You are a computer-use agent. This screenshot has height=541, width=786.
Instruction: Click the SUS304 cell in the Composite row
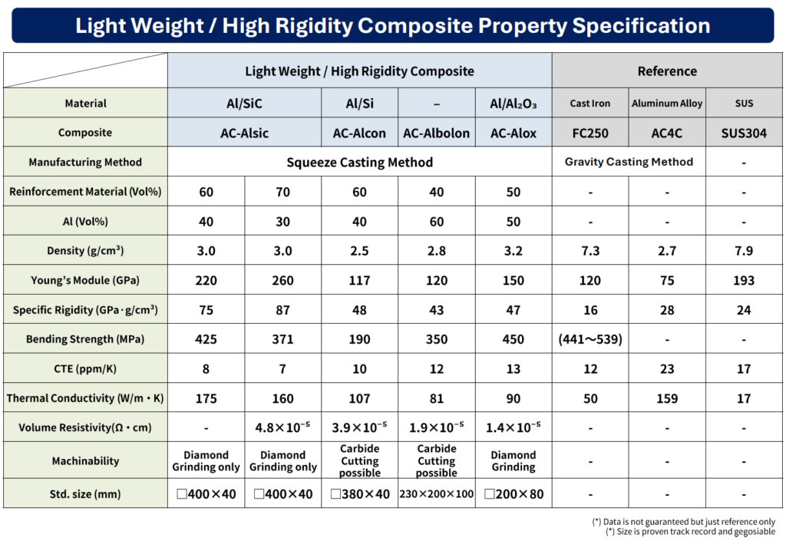coord(743,133)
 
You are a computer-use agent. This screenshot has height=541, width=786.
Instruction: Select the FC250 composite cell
coord(590,133)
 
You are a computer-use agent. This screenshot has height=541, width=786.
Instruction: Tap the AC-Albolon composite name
coord(436,133)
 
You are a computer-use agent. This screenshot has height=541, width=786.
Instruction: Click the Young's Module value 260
coord(282,280)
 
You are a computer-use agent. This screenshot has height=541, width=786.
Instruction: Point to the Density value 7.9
coord(743,251)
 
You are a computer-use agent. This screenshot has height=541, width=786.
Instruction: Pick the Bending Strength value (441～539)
coord(590,339)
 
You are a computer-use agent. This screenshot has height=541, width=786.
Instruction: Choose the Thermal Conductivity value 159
coord(667,398)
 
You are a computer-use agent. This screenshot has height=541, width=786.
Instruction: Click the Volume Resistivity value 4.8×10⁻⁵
coord(282,427)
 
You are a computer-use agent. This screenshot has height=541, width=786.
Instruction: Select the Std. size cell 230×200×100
coord(436,494)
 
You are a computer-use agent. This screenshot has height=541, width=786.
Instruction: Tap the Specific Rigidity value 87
coord(282,310)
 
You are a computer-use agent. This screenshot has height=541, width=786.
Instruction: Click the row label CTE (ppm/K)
coord(85,369)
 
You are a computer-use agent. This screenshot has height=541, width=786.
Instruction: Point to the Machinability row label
coord(85,460)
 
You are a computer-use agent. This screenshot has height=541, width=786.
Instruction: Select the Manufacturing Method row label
coord(85,163)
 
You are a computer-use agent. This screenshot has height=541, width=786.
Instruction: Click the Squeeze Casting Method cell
coord(359,163)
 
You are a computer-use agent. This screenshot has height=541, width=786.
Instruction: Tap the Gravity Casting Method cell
coord(629,162)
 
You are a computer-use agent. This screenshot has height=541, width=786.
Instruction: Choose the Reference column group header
coord(667,71)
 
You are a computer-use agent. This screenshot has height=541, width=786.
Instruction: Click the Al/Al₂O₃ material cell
coord(514,104)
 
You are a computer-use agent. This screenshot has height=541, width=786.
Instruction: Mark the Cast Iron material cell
coord(590,104)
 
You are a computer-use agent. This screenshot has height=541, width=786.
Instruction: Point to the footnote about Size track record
coord(690,531)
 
